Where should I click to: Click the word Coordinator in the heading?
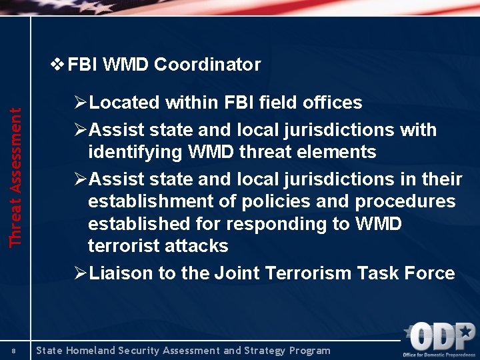click(207, 65)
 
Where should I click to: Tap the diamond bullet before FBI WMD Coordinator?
click(58, 65)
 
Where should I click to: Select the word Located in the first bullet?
click(125, 103)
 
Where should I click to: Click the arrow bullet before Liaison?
click(81, 273)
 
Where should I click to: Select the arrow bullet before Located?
click(81, 103)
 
